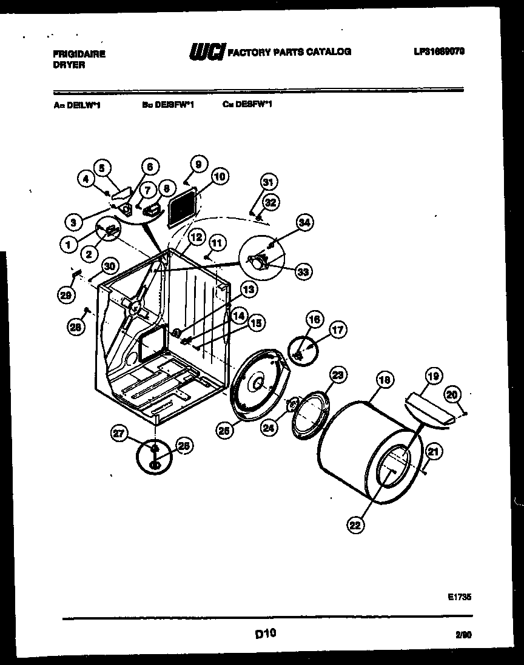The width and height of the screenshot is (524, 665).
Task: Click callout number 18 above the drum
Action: tap(383, 380)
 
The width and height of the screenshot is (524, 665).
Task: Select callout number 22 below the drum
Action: tap(355, 526)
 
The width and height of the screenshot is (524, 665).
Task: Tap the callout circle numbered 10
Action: tap(219, 177)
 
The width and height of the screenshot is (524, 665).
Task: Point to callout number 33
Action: tap(303, 273)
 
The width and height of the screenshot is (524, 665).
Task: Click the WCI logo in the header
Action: tap(206, 52)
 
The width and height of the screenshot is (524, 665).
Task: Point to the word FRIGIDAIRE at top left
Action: tap(75, 53)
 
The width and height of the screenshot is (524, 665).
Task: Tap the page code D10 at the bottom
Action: tap(265, 634)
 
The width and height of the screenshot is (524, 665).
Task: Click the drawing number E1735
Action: tap(460, 597)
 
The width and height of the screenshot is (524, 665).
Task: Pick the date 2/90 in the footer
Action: tap(463, 635)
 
